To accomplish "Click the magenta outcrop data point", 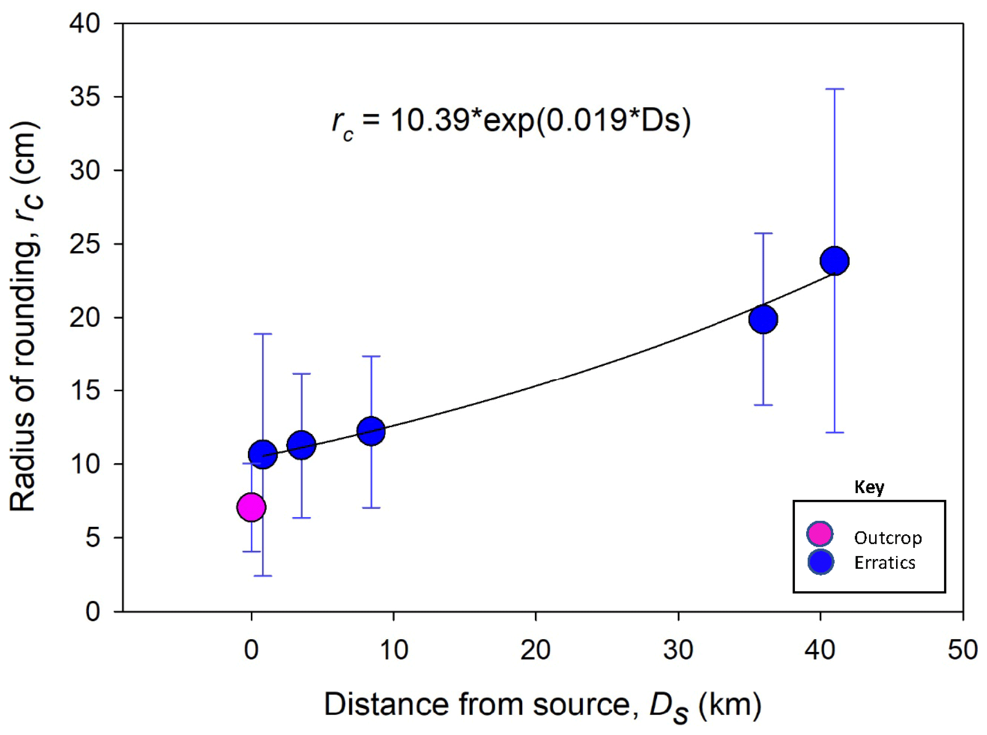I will (x=251, y=507).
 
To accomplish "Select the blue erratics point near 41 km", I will (x=834, y=261).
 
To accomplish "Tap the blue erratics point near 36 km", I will (x=763, y=319).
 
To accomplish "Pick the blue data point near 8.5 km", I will (x=371, y=431).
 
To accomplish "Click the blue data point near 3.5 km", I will (x=302, y=445).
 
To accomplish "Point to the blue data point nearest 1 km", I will (x=263, y=454).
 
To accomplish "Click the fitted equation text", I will (x=511, y=121).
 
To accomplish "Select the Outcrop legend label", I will (x=888, y=538).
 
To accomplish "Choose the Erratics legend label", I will (x=884, y=563).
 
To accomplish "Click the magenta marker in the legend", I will (x=820, y=534).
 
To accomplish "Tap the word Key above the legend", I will (x=869, y=487).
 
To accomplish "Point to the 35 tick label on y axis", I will (x=85, y=97).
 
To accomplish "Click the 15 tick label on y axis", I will (x=85, y=390).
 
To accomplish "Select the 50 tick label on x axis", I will (x=962, y=650).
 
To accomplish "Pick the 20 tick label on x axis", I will (x=535, y=650).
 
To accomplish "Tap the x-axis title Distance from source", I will (x=543, y=705).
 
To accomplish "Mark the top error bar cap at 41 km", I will (x=834, y=89).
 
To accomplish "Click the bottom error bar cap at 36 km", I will (x=763, y=405).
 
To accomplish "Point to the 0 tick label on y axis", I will (x=93, y=611).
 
